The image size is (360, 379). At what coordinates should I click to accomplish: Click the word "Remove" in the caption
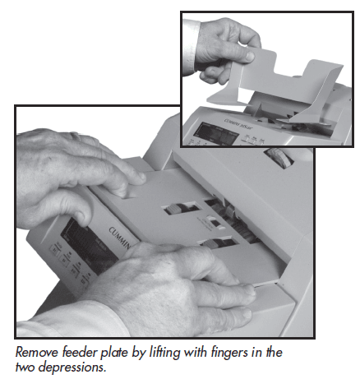point(37,350)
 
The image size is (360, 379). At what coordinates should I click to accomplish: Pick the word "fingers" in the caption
point(217,350)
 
